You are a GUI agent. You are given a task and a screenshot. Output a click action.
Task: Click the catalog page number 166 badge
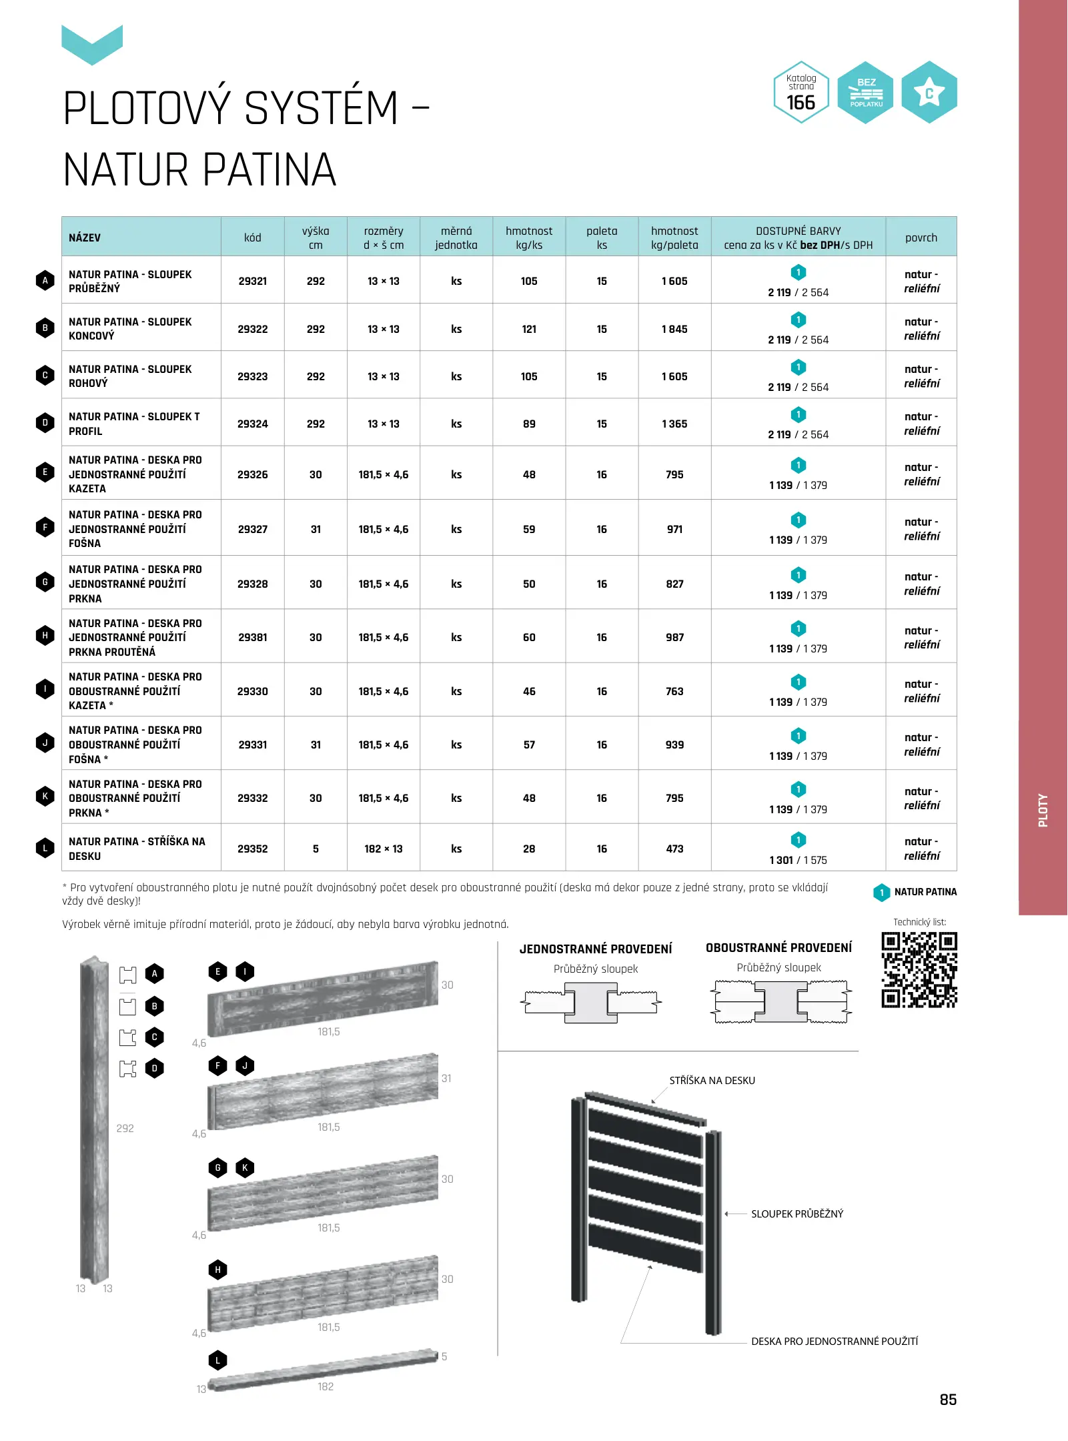[800, 93]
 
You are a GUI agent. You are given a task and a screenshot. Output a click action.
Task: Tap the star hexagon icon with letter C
[929, 93]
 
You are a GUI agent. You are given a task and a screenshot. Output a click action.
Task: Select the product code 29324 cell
[252, 424]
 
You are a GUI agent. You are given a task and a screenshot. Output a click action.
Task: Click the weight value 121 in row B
[528, 329]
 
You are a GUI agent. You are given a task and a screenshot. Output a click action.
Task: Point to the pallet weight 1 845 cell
[674, 329]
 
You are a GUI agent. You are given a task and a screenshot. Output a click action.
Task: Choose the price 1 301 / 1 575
[798, 860]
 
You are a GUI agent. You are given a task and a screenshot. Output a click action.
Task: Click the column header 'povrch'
[921, 237]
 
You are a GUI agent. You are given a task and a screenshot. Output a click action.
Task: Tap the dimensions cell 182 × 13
[383, 849]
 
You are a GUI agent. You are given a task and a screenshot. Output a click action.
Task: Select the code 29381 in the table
[252, 637]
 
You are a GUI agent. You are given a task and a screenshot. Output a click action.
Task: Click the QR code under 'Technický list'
[919, 969]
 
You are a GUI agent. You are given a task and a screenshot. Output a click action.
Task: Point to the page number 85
[947, 1400]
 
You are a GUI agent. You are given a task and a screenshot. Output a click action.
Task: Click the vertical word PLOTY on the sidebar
[1043, 810]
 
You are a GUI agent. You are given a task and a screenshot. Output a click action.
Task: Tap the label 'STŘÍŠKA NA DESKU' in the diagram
[712, 1080]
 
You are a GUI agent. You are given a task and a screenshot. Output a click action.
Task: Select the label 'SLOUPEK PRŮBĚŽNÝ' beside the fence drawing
[796, 1214]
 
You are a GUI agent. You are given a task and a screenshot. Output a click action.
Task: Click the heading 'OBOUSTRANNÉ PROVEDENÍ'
[778, 947]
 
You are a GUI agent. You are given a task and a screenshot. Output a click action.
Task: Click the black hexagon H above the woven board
[217, 1270]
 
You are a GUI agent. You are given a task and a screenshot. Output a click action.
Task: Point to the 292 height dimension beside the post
[125, 1128]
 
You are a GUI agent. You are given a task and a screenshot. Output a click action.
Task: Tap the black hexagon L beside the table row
[45, 849]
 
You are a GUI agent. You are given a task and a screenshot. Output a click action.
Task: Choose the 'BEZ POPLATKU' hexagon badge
[865, 93]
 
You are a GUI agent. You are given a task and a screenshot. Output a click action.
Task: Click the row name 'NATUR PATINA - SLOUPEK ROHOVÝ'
[130, 376]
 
